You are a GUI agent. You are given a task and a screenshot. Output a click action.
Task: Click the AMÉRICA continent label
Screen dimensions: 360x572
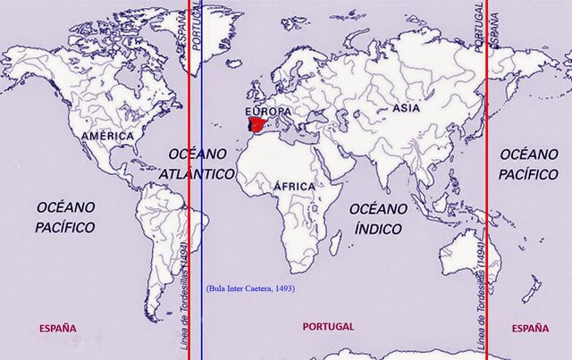click(x=106, y=136)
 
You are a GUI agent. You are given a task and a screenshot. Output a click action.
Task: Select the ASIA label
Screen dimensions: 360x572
click(x=406, y=108)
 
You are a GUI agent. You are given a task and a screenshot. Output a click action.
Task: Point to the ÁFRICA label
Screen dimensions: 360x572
click(x=294, y=186)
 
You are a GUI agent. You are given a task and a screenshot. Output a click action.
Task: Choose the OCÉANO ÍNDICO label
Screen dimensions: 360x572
click(x=377, y=217)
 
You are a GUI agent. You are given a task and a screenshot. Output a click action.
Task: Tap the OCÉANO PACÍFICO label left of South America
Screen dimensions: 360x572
click(x=65, y=217)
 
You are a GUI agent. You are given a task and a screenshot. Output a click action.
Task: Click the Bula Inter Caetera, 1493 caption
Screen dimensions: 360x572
click(x=250, y=289)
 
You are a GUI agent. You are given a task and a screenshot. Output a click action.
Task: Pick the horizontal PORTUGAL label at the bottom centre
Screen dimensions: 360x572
click(x=328, y=327)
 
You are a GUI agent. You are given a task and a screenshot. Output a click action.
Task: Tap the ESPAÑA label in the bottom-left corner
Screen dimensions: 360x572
click(x=57, y=329)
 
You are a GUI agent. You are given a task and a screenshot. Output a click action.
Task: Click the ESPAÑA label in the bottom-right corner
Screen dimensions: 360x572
click(x=531, y=329)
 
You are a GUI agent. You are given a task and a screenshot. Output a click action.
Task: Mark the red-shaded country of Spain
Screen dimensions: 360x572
click(x=257, y=124)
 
